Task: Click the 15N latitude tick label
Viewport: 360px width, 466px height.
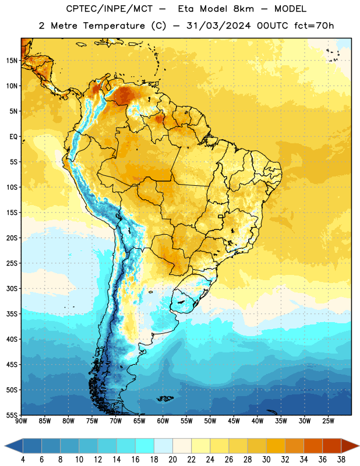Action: pyautogui.click(x=12, y=61)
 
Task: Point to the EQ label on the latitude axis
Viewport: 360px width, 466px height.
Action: pyautogui.click(x=13, y=137)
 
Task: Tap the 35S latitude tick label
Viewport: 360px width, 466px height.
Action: pyautogui.click(x=12, y=314)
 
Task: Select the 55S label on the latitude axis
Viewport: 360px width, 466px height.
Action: pyautogui.click(x=12, y=415)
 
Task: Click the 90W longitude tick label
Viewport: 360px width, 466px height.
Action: pyautogui.click(x=21, y=421)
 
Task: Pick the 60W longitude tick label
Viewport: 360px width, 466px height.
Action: pyautogui.click(x=163, y=421)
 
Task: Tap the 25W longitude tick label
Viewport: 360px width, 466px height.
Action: pyautogui.click(x=328, y=421)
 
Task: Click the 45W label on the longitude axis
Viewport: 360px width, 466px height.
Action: pyautogui.click(x=234, y=421)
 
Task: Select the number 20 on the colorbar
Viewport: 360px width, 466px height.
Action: pyautogui.click(x=172, y=460)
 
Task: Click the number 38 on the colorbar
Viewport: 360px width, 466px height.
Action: pyautogui.click(x=341, y=460)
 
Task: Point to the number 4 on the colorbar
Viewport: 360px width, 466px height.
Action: pyautogui.click(x=23, y=460)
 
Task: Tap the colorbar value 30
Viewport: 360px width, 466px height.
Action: pyautogui.click(x=266, y=460)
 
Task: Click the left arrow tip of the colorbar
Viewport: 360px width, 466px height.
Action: pyautogui.click(x=5, y=446)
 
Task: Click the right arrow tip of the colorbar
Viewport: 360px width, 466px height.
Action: pyautogui.click(x=359, y=446)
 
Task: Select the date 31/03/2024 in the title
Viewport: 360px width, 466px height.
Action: pyautogui.click(x=218, y=26)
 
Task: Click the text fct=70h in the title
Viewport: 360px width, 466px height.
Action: pyautogui.click(x=314, y=26)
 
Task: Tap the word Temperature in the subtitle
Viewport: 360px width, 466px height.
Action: pyautogui.click(x=114, y=26)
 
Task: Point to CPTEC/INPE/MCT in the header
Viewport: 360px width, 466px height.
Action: pyautogui.click(x=109, y=9)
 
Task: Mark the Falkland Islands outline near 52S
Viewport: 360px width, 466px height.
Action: pyautogui.click(x=165, y=398)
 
